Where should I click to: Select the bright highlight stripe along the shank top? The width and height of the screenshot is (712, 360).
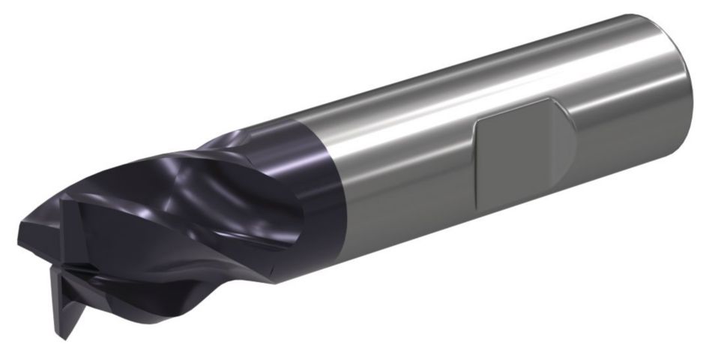[x=480, y=71]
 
